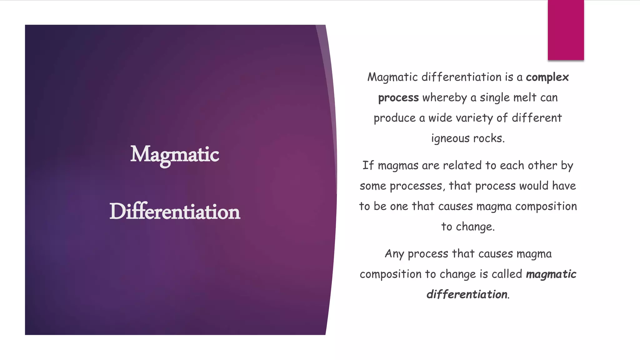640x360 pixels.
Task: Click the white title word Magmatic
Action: (174, 154)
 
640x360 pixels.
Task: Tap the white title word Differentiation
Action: (175, 212)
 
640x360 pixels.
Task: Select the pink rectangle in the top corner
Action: (566, 30)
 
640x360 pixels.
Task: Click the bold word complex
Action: (547, 77)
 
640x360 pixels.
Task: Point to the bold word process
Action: (398, 98)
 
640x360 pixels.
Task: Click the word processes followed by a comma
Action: (417, 186)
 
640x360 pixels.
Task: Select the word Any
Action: (394, 254)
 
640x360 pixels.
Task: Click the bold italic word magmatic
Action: (551, 274)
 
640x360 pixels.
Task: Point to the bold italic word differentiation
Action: (467, 294)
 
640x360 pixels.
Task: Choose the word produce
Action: (394, 118)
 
